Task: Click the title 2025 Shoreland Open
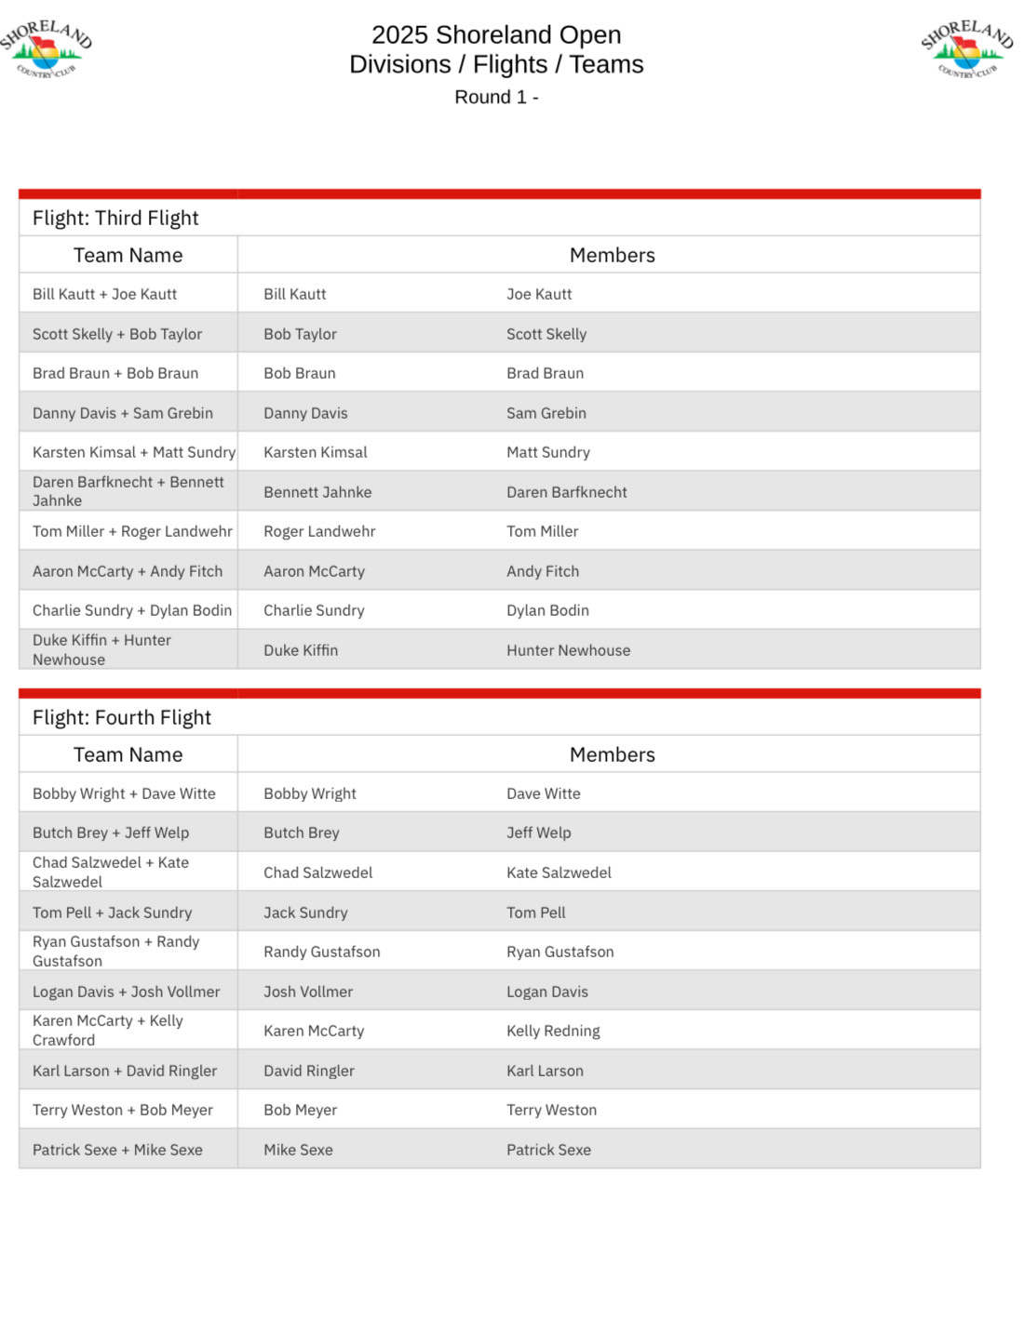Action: [x=496, y=35]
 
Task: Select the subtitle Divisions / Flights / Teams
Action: [x=496, y=65]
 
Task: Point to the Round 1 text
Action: [x=495, y=98]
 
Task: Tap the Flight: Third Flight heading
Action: [x=115, y=219]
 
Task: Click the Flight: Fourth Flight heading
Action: [x=122, y=718]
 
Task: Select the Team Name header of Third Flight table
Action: [x=128, y=256]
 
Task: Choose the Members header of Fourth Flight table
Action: [x=612, y=755]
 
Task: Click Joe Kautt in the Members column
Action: [x=539, y=295]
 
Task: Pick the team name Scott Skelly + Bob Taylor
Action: [x=117, y=335]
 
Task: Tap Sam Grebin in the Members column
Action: [x=546, y=414]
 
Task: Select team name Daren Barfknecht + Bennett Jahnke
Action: [x=128, y=491]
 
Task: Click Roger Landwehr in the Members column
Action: [x=319, y=532]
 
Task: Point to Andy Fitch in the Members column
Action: [x=543, y=572]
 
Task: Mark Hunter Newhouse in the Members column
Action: [x=568, y=651]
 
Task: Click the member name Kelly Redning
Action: [x=553, y=1032]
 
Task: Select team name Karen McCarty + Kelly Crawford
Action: [x=108, y=1031]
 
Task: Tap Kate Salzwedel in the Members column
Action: [x=559, y=873]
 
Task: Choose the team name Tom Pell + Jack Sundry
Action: [x=113, y=913]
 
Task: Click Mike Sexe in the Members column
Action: [x=298, y=1151]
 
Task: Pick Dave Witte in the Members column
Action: [x=544, y=794]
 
